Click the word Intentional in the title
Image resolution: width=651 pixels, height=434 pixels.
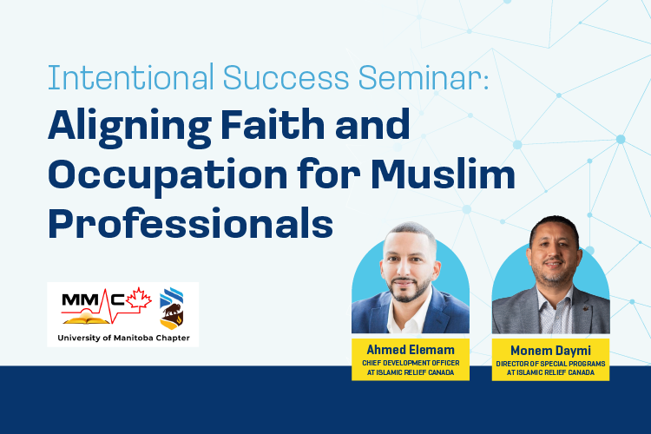point(131,77)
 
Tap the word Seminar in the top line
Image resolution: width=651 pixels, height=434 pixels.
point(424,77)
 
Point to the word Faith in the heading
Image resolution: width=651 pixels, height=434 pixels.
point(273,124)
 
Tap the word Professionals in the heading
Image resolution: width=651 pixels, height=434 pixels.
point(191,222)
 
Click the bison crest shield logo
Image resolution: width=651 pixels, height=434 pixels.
point(172,308)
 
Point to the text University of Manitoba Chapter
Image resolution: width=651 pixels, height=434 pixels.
point(124,338)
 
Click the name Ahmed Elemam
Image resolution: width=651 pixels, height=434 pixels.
point(411,350)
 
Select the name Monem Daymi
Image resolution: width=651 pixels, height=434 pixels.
point(550,351)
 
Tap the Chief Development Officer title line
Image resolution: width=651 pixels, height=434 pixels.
point(411,363)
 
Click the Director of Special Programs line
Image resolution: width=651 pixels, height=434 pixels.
point(550,364)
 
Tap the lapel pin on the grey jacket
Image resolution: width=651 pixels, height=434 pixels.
point(586,309)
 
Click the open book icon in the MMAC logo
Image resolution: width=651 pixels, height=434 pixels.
point(86,319)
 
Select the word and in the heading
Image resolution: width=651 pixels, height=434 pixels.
point(372,124)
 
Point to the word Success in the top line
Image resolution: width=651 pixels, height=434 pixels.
point(286,77)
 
